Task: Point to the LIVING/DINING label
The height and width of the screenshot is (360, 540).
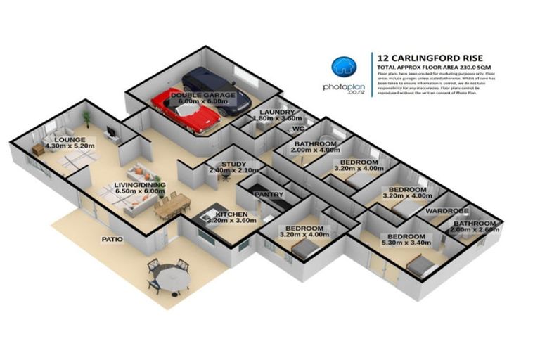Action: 137,186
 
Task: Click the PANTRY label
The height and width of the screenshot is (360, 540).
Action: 269,195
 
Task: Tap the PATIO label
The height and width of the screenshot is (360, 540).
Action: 112,239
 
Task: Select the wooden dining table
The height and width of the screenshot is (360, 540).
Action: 173,204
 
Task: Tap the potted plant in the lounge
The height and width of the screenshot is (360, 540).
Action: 86,115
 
